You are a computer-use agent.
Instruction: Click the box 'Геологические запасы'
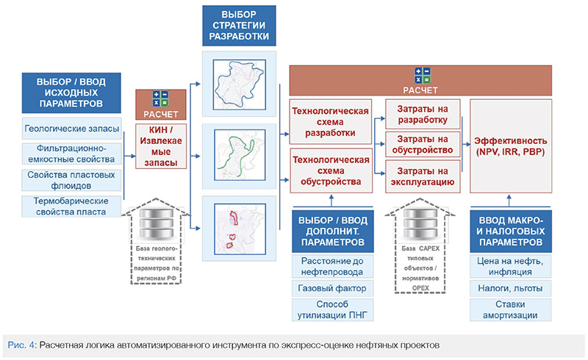pyautogui.click(x=71, y=129)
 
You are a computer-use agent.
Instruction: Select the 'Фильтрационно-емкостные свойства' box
pyautogui.click(x=71, y=154)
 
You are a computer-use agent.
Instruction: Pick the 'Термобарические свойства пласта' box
pyautogui.click(x=71, y=206)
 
